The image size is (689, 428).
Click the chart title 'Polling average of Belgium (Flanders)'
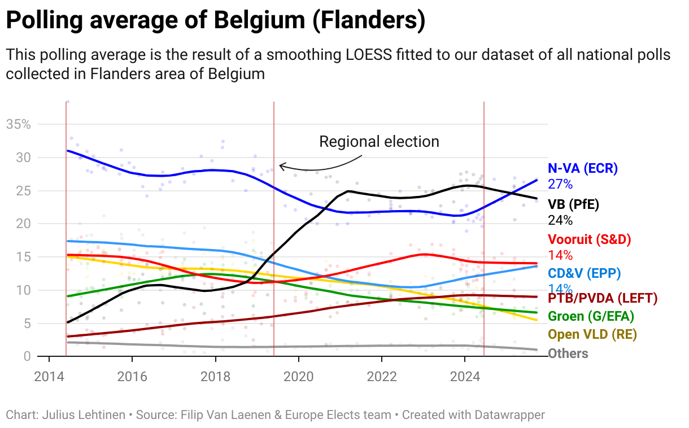click(x=215, y=21)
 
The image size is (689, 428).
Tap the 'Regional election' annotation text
click(x=379, y=141)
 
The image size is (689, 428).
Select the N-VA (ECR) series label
click(x=583, y=168)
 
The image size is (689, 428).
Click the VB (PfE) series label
click(x=573, y=204)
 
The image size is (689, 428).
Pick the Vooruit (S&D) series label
click(x=590, y=239)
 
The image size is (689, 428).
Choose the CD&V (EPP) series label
click(x=584, y=274)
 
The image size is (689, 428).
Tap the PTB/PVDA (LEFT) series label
click(x=603, y=298)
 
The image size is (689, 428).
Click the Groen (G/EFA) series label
click(x=591, y=316)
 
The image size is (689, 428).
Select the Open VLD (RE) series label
click(x=592, y=334)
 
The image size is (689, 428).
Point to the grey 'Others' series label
click(x=568, y=353)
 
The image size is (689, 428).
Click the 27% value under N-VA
click(x=560, y=184)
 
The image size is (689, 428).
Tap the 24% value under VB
click(x=560, y=220)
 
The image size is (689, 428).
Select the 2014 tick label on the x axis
click(x=49, y=377)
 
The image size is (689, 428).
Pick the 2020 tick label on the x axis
click(x=298, y=377)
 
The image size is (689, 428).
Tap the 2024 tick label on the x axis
click(x=464, y=377)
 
